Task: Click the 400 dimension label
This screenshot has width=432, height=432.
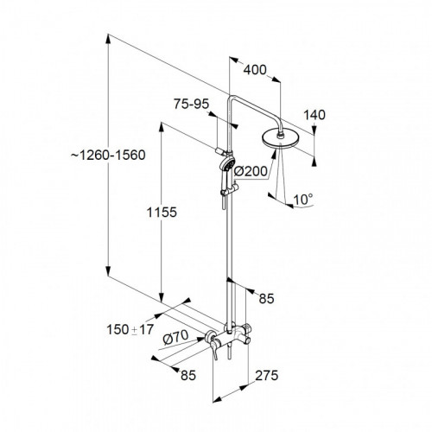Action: click(255, 70)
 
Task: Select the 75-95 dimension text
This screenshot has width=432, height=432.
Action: click(191, 104)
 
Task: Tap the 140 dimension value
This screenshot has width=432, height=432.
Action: click(314, 115)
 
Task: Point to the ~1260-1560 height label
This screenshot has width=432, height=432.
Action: click(108, 156)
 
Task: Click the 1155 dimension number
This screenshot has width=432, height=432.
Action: click(162, 213)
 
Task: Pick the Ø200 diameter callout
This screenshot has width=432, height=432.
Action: click(251, 172)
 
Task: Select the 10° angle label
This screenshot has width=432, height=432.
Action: click(303, 200)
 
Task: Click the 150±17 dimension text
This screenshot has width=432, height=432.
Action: click(130, 329)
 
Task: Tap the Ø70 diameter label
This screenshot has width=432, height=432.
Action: click(175, 337)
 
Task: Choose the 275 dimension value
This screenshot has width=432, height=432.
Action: click(267, 375)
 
